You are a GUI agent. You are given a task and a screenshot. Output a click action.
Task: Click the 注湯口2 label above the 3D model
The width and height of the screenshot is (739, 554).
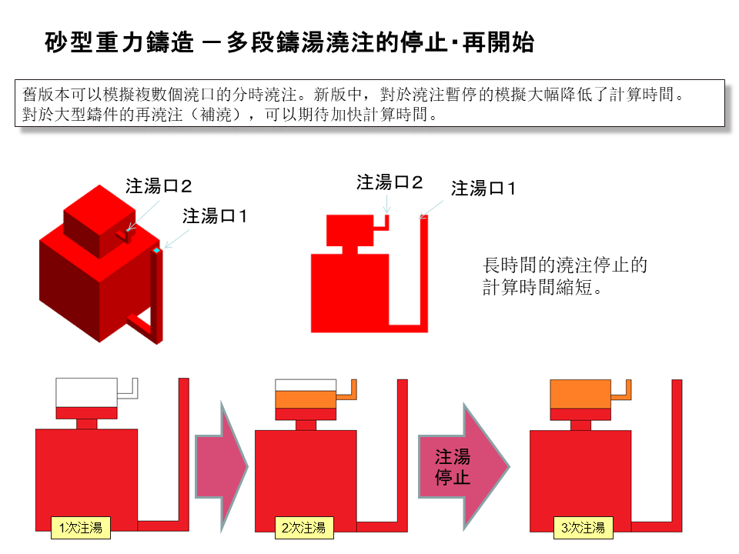(x=159, y=186)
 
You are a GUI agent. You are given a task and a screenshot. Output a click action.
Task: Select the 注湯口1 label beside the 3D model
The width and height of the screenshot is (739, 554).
(x=215, y=216)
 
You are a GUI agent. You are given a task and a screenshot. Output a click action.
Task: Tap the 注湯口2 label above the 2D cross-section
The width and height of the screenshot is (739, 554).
(x=390, y=182)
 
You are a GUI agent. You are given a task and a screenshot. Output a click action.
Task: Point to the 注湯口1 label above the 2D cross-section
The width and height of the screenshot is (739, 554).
(x=483, y=189)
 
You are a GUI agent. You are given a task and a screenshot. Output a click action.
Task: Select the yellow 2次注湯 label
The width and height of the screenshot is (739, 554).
(x=303, y=527)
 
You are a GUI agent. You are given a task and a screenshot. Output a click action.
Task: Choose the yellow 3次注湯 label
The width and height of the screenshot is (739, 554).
(x=583, y=527)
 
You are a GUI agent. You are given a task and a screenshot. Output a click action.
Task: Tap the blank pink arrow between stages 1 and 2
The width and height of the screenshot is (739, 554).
(x=219, y=466)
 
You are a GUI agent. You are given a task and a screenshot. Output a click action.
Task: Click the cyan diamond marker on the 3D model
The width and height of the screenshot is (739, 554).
(x=156, y=251)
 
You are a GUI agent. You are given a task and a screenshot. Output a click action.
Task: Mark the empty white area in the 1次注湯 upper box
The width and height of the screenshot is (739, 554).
(x=85, y=392)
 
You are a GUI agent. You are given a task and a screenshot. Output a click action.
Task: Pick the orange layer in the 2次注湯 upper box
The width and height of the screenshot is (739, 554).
(x=306, y=399)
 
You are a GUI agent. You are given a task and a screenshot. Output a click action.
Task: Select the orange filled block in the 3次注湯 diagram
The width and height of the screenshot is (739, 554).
(x=581, y=393)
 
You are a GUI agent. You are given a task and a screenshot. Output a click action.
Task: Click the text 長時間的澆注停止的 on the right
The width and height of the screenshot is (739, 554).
(x=564, y=266)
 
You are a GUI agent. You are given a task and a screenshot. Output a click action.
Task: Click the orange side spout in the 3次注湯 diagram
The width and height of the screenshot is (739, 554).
(x=626, y=390)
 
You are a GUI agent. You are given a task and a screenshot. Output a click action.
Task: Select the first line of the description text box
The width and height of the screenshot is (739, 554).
(x=353, y=95)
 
